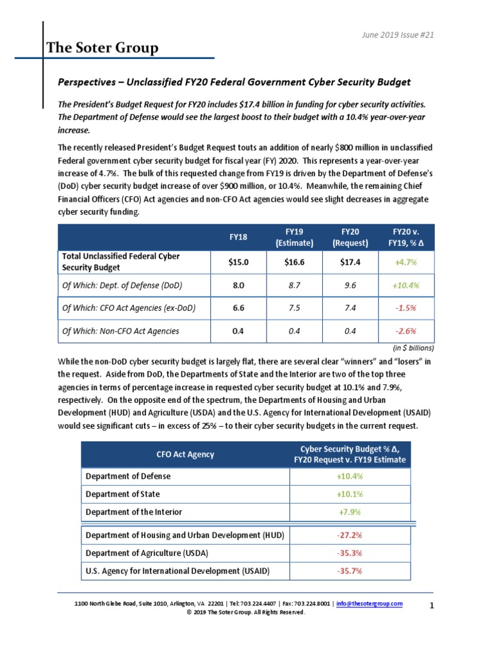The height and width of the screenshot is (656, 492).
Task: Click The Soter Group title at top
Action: pos(102,48)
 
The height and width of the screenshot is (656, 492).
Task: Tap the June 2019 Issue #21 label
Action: pos(398,35)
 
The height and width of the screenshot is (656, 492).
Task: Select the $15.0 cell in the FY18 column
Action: pos(238,262)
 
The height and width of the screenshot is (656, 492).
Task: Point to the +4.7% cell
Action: pos(405,262)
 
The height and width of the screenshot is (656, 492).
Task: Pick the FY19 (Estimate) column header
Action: pos(294,237)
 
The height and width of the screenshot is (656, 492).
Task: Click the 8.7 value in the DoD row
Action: pos(294,285)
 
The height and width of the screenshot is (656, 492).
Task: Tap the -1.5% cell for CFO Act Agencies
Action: pos(405,308)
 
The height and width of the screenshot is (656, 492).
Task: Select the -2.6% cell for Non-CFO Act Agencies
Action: pos(405,331)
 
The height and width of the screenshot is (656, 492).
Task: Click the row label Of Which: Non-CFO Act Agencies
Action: pos(120,331)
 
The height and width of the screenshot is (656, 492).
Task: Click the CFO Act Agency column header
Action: pos(185,454)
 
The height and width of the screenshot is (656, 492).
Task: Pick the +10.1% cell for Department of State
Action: pos(350,494)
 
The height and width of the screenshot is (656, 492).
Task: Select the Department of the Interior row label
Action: pos(133,512)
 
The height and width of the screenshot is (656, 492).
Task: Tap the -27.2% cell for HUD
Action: pos(350,535)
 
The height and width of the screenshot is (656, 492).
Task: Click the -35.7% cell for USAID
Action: pos(350,571)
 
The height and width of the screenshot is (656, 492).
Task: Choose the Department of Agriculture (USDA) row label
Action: pos(147,553)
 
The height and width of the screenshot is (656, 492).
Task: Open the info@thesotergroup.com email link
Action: pos(370,604)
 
